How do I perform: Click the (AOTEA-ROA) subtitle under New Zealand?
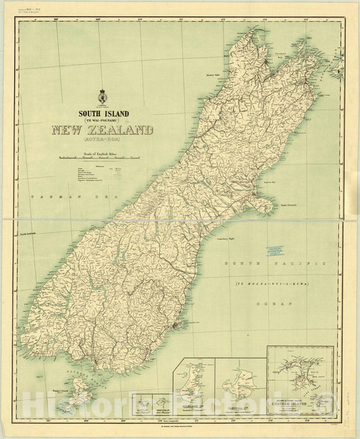pos(103,143)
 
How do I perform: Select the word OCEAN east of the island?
pos(274,305)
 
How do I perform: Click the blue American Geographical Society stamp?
pos(282,251)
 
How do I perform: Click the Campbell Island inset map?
pos(240,385)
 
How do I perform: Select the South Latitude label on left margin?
pos(31,234)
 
